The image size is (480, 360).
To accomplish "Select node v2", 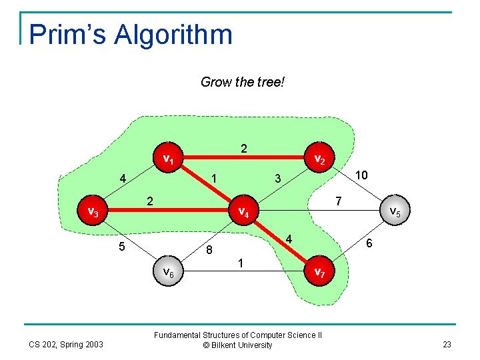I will coord(319,159).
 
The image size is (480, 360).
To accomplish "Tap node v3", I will coord(93,213).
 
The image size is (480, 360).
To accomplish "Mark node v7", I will coord(319,272).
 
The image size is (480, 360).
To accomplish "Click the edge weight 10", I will coord(362,175).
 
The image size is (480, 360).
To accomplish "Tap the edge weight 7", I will coord(338,201).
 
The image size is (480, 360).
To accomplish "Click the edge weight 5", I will coord(122,247).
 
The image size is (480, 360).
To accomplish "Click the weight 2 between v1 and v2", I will coord(244,148).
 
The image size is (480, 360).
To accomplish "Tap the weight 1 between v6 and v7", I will coord(241,264).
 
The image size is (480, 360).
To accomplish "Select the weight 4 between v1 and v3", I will coord(123,179).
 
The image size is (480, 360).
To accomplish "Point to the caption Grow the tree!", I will coord(243,82).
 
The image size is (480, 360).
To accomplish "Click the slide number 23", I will coord(446,344).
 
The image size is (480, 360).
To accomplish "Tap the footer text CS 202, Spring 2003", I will coord(65,344).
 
